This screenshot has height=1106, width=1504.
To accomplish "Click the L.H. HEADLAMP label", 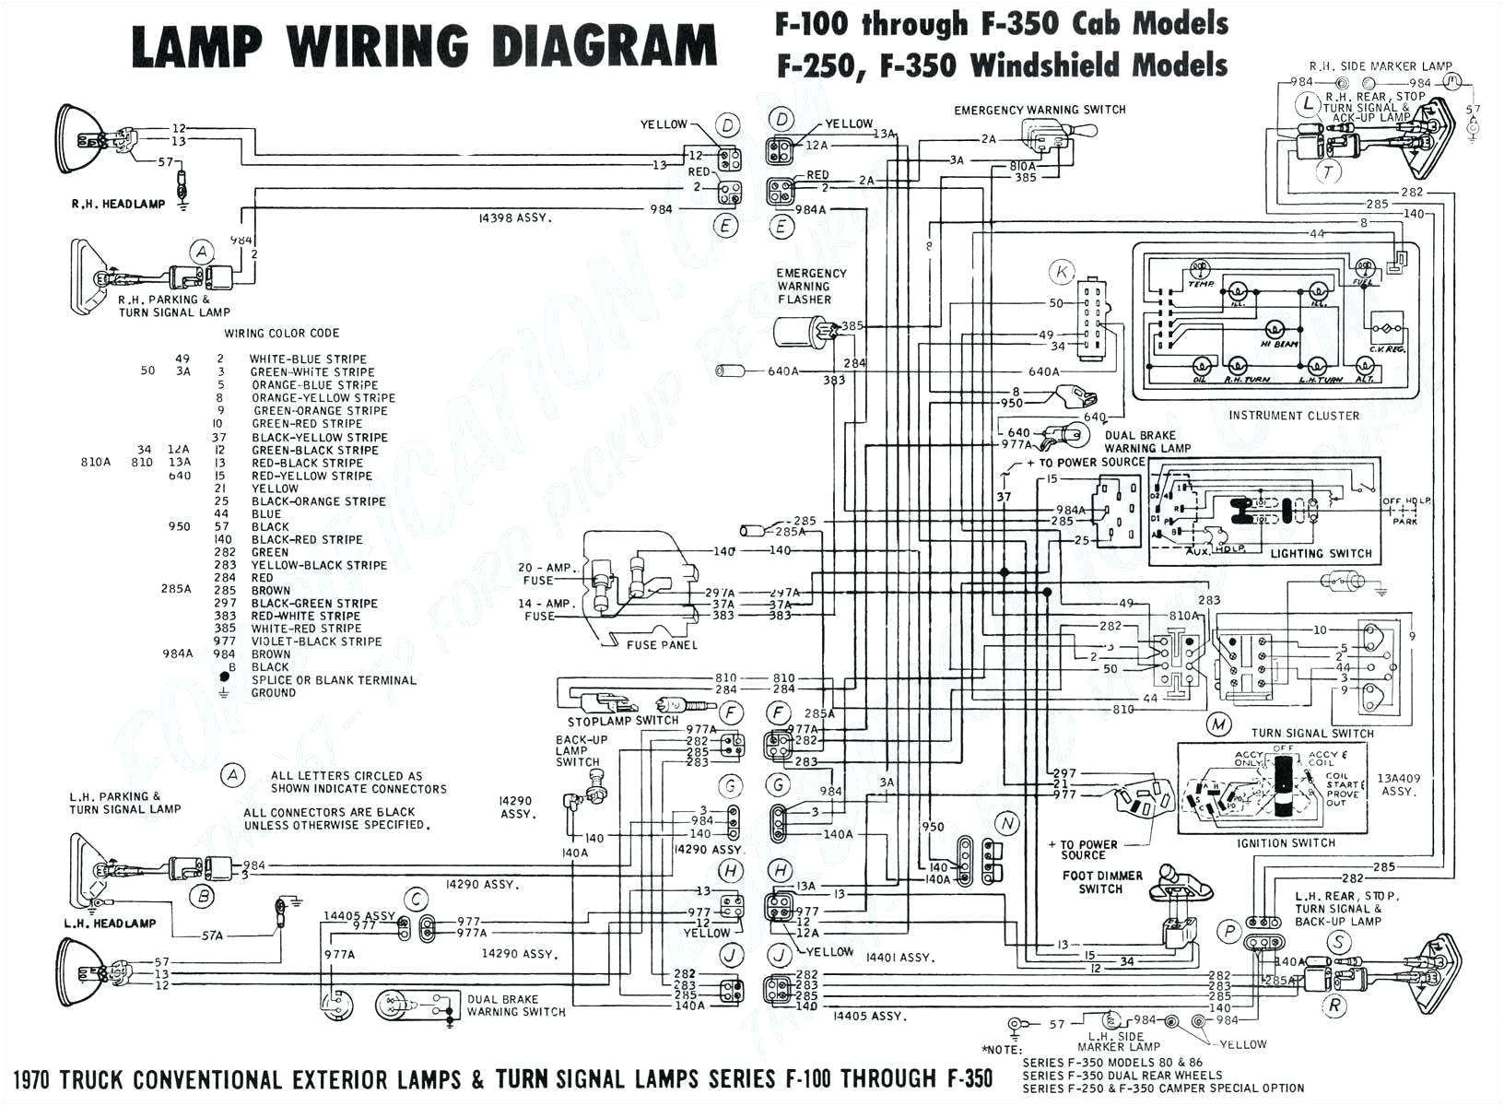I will [110, 923].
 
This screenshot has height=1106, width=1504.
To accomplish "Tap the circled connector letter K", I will [1063, 272].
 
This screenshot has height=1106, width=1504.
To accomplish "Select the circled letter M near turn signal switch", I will [1219, 724].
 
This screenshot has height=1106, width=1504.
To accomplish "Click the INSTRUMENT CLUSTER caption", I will [1293, 416].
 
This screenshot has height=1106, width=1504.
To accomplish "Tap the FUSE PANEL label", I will [661, 645].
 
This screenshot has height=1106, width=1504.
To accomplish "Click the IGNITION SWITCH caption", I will [1287, 843].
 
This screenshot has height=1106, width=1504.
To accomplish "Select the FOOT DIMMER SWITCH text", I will [1101, 882].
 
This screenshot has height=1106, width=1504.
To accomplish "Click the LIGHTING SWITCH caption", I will [1321, 554].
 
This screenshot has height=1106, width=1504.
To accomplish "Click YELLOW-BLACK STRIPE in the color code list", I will [318, 565].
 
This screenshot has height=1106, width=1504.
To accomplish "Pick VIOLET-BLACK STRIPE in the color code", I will [315, 641].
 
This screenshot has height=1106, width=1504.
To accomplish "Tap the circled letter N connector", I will [1007, 823].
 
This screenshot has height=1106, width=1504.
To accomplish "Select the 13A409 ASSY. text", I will [1399, 785].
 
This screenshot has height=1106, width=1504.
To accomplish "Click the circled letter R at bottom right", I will [1334, 1006].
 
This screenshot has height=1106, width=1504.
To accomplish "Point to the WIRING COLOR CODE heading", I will [282, 333].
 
